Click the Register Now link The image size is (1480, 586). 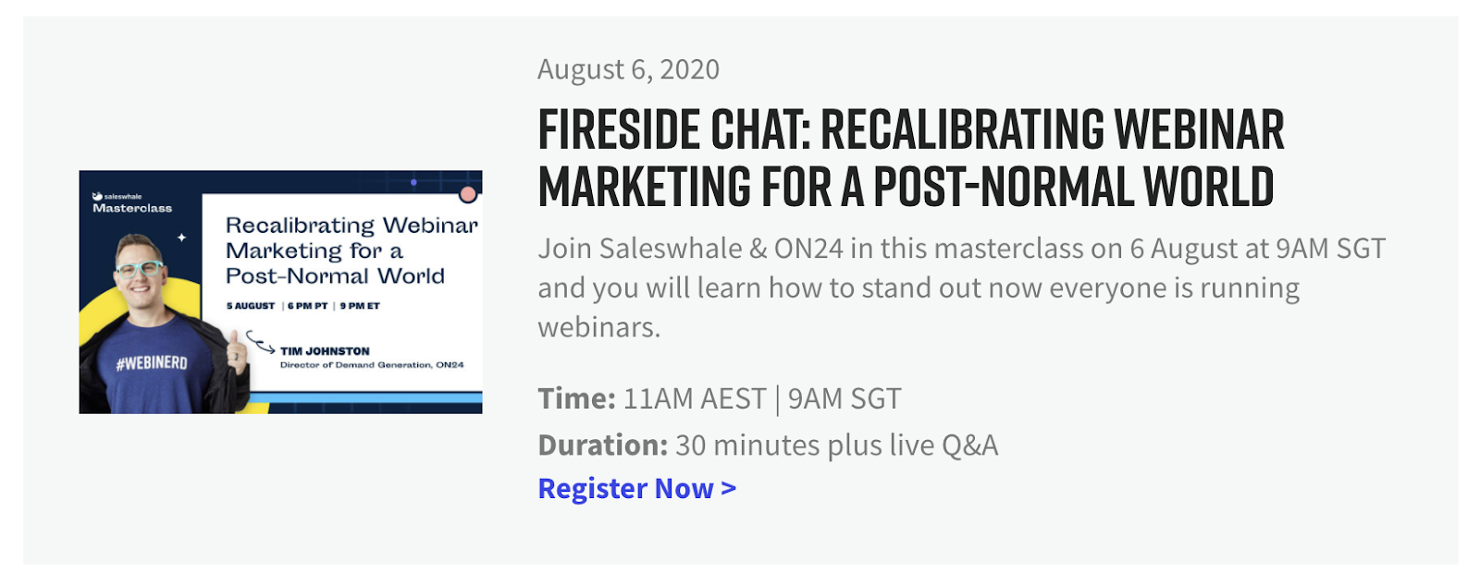tap(637, 488)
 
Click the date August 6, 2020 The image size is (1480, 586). tap(628, 69)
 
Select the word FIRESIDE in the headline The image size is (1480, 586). tap(619, 128)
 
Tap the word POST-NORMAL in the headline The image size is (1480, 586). tap(1002, 186)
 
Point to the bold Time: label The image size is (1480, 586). tap(577, 398)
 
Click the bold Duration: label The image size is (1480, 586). tap(602, 445)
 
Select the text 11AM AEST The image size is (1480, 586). tap(695, 398)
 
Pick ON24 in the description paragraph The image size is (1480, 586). tap(808, 249)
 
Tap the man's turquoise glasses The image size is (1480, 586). tap(140, 269)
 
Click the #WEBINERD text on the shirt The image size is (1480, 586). tap(152, 363)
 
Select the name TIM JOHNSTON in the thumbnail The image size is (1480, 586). tap(325, 351)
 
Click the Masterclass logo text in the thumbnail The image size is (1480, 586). tap(132, 209)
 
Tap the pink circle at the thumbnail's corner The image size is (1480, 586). tap(468, 194)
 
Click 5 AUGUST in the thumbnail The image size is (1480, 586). tap(251, 306)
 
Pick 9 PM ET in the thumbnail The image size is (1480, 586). tap(360, 306)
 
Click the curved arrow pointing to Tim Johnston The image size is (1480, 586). tap(260, 343)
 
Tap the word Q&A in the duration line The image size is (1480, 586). tap(970, 446)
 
